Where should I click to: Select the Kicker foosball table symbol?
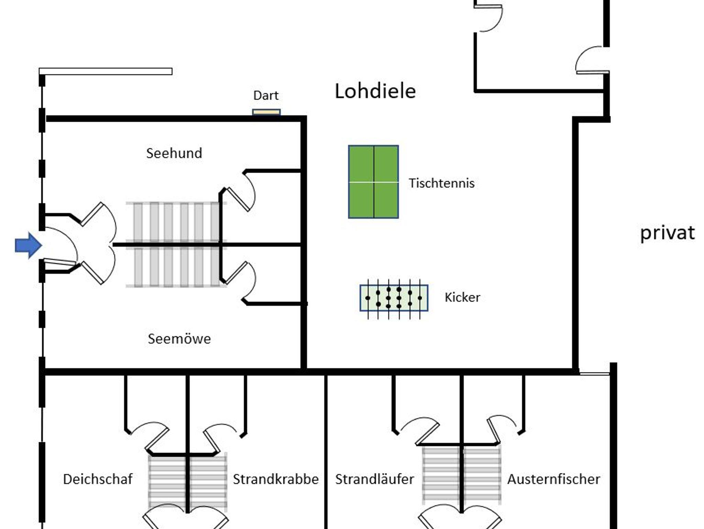tap(394, 298)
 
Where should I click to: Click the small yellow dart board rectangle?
tap(266, 112)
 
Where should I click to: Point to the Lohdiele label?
tap(375, 91)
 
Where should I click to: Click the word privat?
tap(667, 233)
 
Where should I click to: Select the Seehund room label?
tap(174, 153)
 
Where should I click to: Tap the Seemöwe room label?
tap(179, 339)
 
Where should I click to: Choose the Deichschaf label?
tap(98, 479)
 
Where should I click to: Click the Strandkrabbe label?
tap(276, 479)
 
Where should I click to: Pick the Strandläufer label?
tap(375, 479)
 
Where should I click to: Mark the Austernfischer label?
tap(554, 479)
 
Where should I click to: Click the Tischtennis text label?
tap(441, 183)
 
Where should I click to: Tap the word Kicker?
tap(462, 298)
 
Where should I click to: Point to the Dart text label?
tap(266, 95)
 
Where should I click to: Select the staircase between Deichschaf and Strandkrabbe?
tap(188, 482)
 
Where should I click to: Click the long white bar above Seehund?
tap(106, 72)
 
